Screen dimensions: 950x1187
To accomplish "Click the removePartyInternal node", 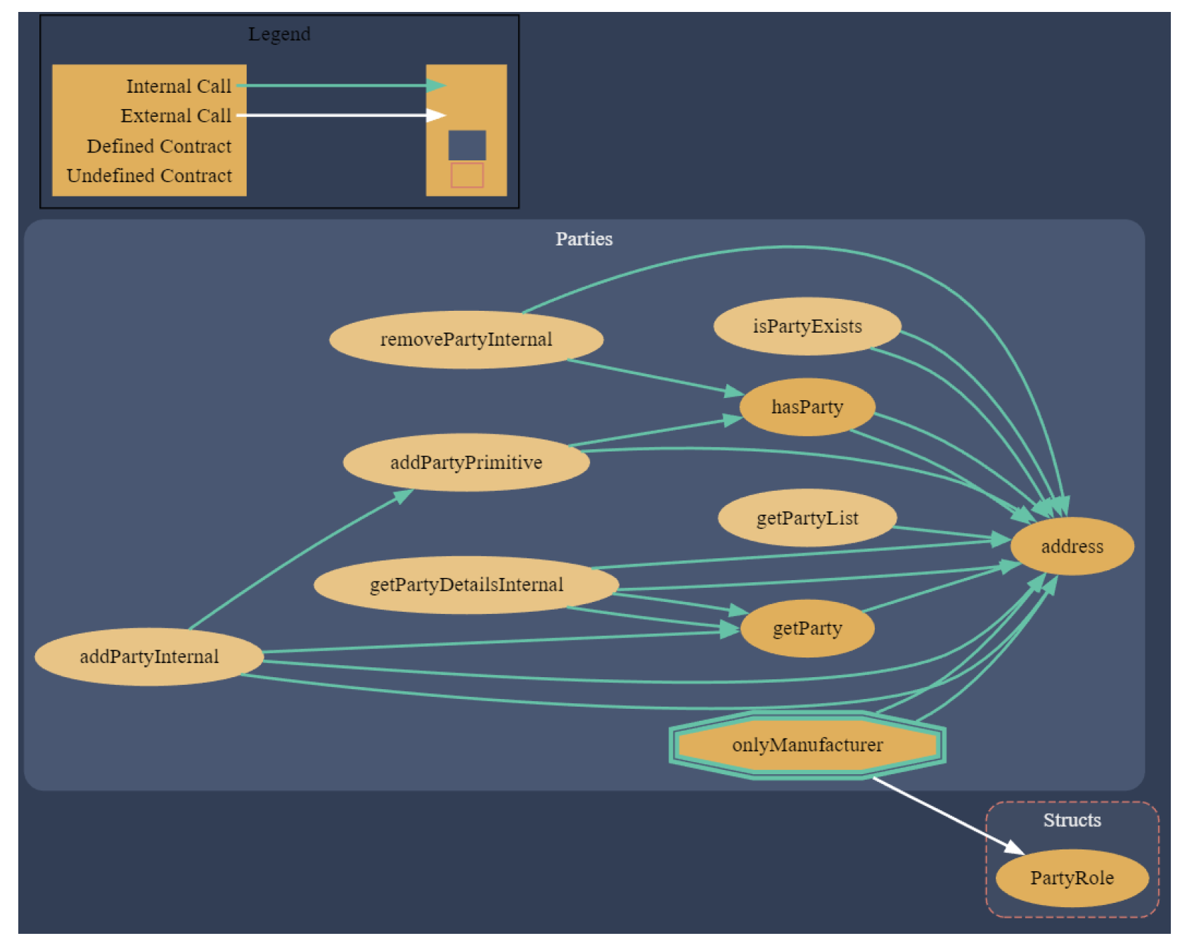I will click(466, 340).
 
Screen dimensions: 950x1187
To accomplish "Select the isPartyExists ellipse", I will click(807, 326).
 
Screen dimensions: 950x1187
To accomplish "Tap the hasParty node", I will click(807, 407).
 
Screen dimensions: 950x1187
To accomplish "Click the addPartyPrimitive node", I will click(466, 463).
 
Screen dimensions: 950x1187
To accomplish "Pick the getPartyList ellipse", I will click(807, 518).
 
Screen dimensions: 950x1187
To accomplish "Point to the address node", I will click(1071, 546).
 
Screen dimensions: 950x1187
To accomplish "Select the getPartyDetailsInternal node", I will click(466, 585).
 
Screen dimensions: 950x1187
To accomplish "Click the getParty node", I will click(807, 629).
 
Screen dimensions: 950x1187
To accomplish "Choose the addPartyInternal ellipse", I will click(149, 657).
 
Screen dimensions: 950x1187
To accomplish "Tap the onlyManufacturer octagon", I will click(807, 745).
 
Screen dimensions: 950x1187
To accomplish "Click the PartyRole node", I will click(1071, 878).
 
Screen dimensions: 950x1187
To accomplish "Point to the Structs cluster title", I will click(1071, 821).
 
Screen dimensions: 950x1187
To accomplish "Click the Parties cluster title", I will click(584, 239).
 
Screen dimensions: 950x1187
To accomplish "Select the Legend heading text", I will click(279, 34).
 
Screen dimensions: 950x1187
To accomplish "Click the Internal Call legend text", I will click(179, 86).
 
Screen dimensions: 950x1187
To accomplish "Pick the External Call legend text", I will click(176, 116).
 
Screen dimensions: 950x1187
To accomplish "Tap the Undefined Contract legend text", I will click(149, 176).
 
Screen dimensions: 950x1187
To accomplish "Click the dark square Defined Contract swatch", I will click(467, 146).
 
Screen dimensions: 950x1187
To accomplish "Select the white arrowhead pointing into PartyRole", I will click(1014, 847).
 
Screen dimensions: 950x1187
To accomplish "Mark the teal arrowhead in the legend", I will click(436, 86).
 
